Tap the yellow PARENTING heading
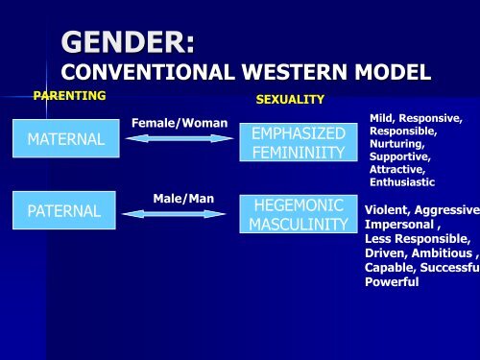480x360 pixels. click(x=69, y=96)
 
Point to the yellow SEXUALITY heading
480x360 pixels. click(x=290, y=100)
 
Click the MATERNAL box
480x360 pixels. click(x=66, y=140)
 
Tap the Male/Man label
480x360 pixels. click(x=180, y=198)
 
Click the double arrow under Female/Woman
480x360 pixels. click(x=180, y=140)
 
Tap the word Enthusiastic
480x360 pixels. click(x=402, y=181)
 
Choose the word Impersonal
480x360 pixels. click(x=401, y=225)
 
